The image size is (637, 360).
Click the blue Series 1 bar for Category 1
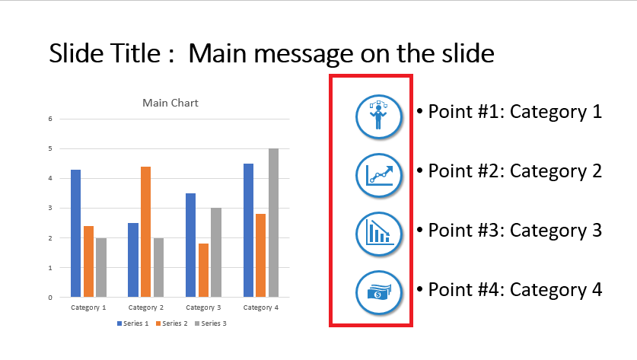pos(75,233)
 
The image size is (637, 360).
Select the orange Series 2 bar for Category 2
pos(146,231)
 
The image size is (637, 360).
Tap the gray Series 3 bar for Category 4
pos(273,223)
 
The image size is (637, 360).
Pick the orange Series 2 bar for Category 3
pos(203,270)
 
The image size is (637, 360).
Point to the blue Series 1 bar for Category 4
pos(249,231)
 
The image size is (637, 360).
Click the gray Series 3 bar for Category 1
pos(101,267)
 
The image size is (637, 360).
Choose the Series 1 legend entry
pos(133,323)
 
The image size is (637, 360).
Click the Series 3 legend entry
pos(211,323)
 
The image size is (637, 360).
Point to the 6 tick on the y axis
pos(50,119)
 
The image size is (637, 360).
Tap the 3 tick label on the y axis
pos(50,208)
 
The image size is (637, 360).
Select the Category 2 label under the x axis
pos(146,307)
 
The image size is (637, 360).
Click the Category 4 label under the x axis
pos(261,307)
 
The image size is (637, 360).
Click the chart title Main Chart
pos(170,103)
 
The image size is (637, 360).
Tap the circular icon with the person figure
pos(379,116)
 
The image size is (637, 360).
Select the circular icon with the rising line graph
pos(379,175)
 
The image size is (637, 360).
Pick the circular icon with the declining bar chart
pos(379,234)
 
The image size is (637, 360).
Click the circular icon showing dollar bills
pos(379,292)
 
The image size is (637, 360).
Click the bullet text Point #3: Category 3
pos(509,231)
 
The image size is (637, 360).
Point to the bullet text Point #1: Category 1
pos(509,112)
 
